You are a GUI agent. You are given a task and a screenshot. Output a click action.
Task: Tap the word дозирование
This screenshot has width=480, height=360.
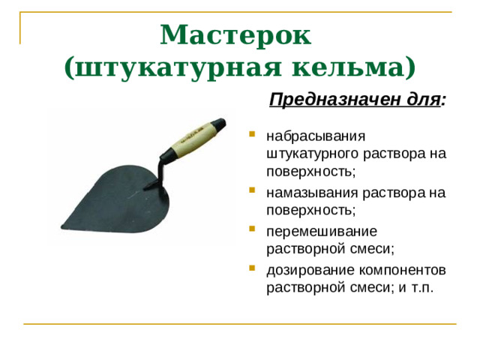click(305, 269)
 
